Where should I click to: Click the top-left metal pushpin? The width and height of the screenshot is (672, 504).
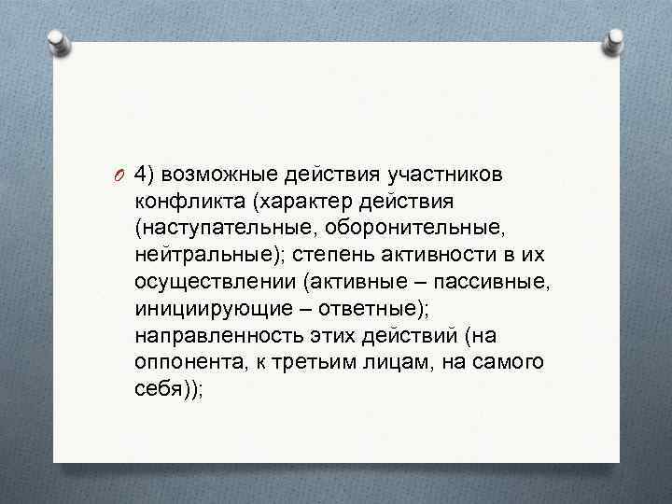point(58,41)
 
